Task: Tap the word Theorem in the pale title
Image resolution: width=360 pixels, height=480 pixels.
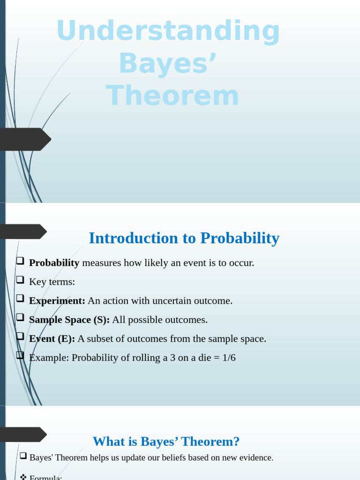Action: pyautogui.click(x=172, y=96)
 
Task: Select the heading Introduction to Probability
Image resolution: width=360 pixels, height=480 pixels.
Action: pyautogui.click(x=184, y=238)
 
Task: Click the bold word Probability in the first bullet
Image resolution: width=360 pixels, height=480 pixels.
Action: pyautogui.click(x=54, y=263)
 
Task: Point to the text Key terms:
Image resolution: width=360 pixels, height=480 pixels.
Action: pyautogui.click(x=52, y=282)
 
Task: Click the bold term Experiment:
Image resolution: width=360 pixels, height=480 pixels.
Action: pyautogui.click(x=57, y=301)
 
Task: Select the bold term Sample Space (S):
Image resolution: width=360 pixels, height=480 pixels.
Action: pyautogui.click(x=69, y=320)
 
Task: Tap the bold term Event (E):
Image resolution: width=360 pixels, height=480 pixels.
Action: pyautogui.click(x=52, y=339)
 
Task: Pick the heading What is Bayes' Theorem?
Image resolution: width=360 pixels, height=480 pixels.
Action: pyautogui.click(x=166, y=442)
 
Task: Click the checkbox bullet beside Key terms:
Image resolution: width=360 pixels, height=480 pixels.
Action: pyautogui.click(x=20, y=280)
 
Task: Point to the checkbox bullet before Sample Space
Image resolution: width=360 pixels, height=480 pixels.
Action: pyautogui.click(x=20, y=317)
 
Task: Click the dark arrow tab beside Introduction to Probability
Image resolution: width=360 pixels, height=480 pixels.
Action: pyautogui.click(x=23, y=232)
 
